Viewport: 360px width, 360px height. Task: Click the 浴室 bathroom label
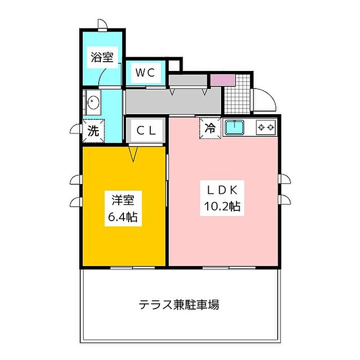point(101,57)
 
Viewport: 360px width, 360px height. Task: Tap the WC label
point(145,73)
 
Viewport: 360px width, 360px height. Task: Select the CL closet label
point(146,131)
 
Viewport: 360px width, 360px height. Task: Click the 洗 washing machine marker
point(93,131)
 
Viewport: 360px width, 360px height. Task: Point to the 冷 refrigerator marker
point(210,129)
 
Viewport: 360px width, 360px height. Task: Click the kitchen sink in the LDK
point(235,127)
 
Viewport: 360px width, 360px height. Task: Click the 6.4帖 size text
point(122,217)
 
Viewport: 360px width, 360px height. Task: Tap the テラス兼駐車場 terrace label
point(179,304)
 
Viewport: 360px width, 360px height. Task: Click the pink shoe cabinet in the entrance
point(222,80)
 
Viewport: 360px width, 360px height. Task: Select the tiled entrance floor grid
point(238,96)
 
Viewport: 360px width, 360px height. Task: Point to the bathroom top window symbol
point(102,25)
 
